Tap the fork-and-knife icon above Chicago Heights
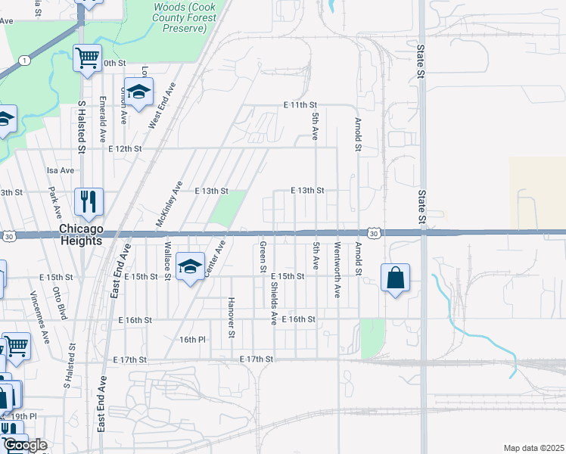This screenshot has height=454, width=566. (89, 201)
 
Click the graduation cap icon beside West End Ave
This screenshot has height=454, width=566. (138, 92)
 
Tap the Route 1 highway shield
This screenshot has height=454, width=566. (25, 61)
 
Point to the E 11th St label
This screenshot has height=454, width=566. (300, 105)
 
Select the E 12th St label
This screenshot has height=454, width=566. (125, 149)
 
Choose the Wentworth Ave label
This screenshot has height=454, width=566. (337, 260)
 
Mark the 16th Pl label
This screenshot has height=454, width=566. (192, 340)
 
